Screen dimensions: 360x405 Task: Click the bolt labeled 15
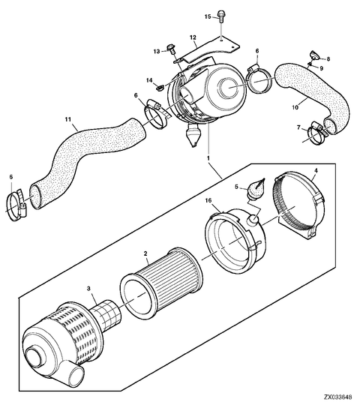tap(220, 16)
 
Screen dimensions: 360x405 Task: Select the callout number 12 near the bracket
tap(193, 37)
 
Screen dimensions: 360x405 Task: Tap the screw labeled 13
tap(171, 49)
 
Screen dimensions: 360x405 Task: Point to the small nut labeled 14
tap(160, 88)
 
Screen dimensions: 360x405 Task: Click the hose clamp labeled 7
tap(318, 132)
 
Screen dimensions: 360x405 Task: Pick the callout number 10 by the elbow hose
tap(295, 107)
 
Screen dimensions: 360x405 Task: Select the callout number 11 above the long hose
tap(68, 119)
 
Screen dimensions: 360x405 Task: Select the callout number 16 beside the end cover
tap(208, 200)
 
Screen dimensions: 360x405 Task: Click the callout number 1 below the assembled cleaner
tap(208, 157)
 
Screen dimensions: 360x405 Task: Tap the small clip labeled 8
tap(314, 55)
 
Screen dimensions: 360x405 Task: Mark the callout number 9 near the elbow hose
tap(322, 68)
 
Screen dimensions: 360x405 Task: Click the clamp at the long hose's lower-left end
tap(16, 204)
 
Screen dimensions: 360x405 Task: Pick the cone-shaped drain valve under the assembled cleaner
tap(193, 135)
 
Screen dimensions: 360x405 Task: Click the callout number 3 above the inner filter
tap(88, 288)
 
